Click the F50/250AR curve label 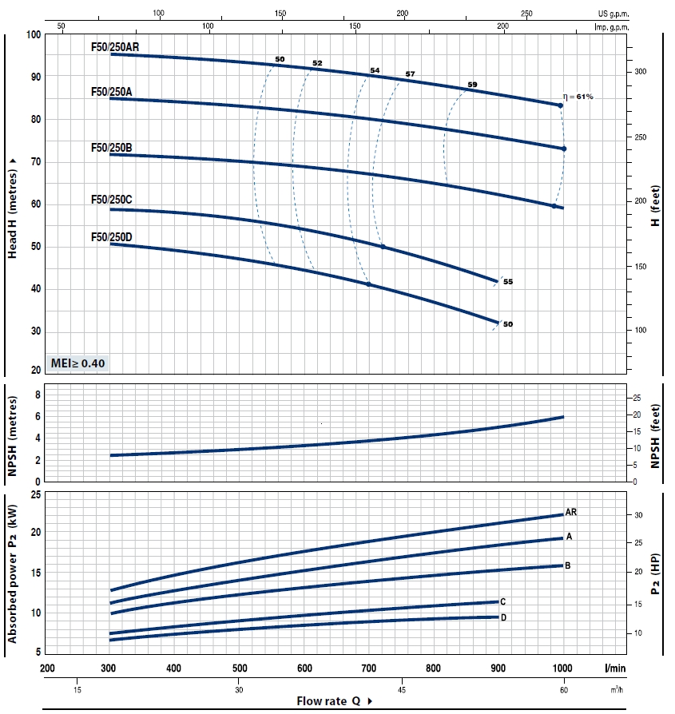(x=115, y=47)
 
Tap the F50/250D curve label (x=112, y=236)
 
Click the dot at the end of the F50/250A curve (x=564, y=149)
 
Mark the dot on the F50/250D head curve (x=368, y=284)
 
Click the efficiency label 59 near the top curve (x=472, y=84)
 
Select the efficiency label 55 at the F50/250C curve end (x=508, y=282)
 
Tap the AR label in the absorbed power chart (x=571, y=511)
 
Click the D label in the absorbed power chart (x=503, y=617)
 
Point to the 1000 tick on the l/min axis (x=562, y=668)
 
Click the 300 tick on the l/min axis (x=109, y=668)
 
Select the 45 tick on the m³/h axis (x=401, y=689)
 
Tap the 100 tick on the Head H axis (x=33, y=34)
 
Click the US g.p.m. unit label (x=613, y=14)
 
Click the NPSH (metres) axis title (x=12, y=432)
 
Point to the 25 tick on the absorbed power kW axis (x=34, y=497)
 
